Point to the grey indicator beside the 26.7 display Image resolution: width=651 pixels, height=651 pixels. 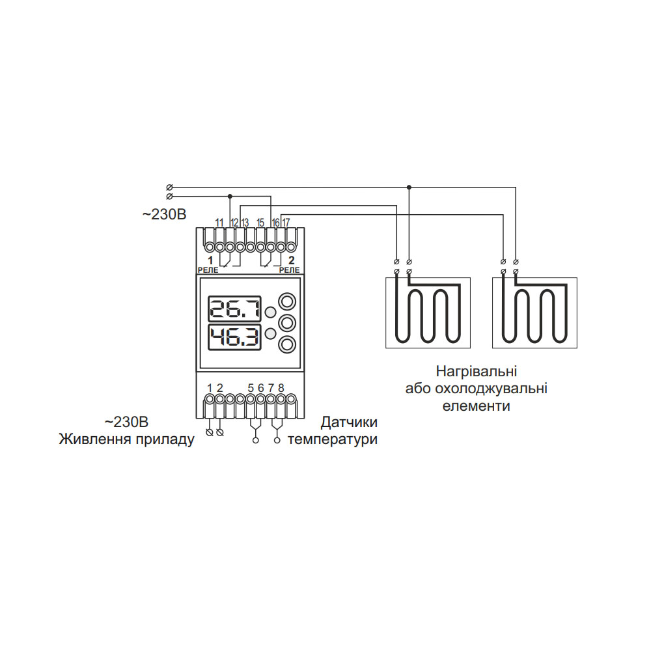tap(270, 312)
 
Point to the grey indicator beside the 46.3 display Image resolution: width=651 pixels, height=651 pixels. tap(270, 335)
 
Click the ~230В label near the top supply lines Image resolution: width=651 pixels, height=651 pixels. tap(164, 214)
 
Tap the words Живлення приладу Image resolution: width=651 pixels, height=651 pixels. tap(127, 439)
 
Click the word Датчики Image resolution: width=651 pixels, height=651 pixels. tap(349, 422)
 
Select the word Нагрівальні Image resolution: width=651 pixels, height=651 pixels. tap(477, 372)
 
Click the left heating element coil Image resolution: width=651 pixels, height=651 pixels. tap(427, 312)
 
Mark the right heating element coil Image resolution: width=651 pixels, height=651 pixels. tap(534, 312)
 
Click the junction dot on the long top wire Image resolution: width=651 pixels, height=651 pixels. tap(409, 187)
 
